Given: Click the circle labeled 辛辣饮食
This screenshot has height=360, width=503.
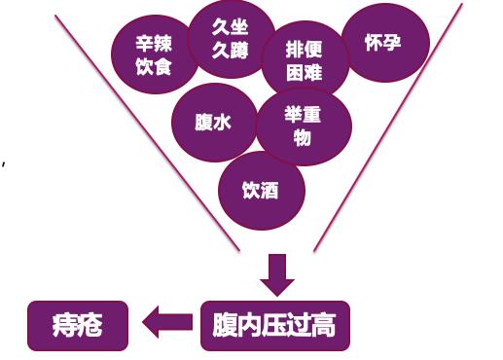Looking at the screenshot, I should pos(154,54).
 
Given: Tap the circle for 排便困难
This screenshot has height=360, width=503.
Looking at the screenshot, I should pos(304,59).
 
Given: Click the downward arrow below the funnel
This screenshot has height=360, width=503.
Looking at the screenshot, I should pos(275,274).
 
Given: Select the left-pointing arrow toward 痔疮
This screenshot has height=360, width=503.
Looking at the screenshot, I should pos(167,324).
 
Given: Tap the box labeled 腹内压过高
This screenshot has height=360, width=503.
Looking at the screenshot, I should pos(274,325).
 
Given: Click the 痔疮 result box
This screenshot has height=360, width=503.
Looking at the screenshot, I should pos(77,325).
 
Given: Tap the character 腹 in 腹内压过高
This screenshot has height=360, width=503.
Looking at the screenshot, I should pos(225,325).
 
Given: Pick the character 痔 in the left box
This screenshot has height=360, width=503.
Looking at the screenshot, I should pos(64,325).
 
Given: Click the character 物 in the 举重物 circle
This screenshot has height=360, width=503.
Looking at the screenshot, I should pos(303,137).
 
